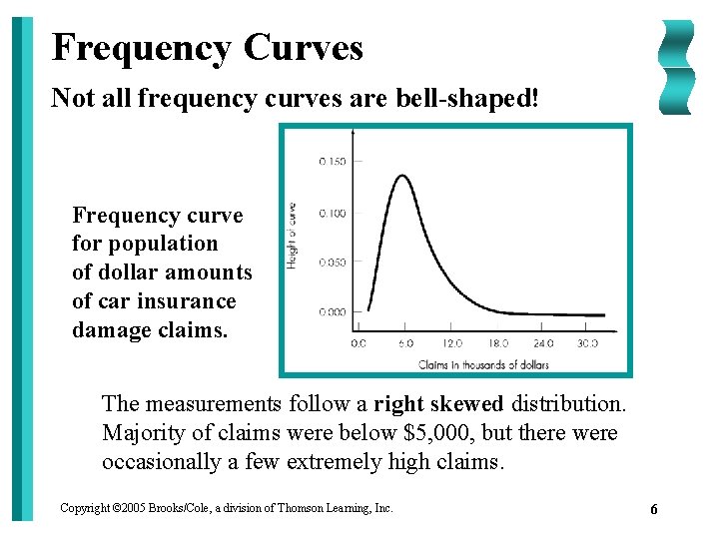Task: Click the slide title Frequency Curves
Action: (207, 47)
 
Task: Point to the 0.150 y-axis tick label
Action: (333, 161)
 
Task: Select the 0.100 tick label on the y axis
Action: (333, 213)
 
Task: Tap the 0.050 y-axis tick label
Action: (333, 263)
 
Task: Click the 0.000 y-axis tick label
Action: (333, 312)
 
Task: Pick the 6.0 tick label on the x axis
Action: (404, 343)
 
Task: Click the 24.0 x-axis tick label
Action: (542, 343)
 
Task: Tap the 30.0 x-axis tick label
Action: (587, 343)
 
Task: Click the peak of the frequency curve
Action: (401, 177)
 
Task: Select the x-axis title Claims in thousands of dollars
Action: (483, 364)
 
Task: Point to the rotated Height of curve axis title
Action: (293, 236)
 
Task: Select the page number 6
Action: (653, 510)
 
